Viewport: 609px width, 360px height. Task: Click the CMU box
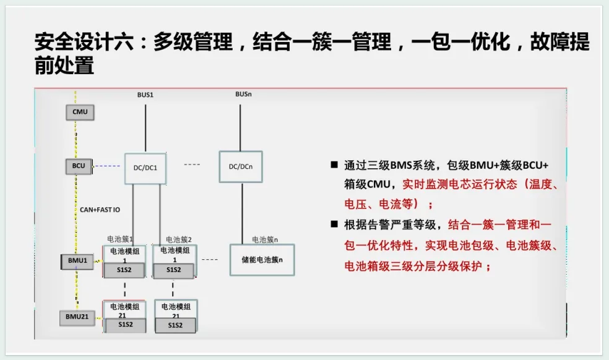80,112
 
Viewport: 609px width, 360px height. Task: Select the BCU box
79,166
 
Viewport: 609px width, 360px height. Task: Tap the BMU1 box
77,262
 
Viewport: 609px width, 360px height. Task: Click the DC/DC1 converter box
145,168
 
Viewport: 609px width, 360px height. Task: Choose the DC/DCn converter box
240,166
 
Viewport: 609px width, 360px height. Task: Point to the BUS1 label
145,95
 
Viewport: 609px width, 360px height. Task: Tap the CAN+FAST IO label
100,210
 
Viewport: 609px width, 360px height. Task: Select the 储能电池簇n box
262,260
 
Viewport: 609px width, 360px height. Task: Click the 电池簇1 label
120,239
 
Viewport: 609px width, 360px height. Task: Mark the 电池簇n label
265,239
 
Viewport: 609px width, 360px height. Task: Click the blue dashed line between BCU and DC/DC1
108,166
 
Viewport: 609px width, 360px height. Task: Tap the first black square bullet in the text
334,165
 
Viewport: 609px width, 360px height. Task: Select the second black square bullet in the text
334,223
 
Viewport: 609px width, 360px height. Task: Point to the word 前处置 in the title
64,66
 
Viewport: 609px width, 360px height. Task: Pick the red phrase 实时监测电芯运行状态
460,184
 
